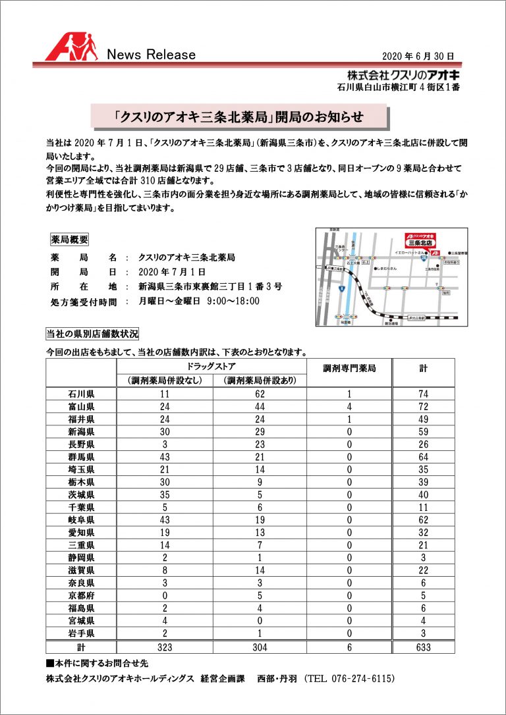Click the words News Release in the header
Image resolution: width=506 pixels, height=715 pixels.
point(151,55)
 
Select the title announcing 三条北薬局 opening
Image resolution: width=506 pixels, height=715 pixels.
point(238,117)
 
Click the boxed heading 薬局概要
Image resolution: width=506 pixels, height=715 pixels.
point(69,239)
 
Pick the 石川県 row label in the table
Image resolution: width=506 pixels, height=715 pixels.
point(81,394)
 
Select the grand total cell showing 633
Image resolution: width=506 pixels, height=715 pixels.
point(423,647)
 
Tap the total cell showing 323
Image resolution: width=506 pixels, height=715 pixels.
point(165,647)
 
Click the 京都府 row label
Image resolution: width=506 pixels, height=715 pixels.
point(81,596)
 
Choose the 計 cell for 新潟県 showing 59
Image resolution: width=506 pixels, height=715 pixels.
point(423,432)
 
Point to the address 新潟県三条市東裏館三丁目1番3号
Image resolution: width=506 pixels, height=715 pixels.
point(211,286)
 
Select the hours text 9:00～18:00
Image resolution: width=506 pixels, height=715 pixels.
point(233,302)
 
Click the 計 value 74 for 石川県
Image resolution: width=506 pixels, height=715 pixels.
point(423,394)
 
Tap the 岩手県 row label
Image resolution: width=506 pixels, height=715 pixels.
point(81,634)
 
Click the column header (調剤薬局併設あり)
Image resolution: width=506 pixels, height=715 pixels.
point(260,381)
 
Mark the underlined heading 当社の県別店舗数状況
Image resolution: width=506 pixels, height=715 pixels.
point(92,334)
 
